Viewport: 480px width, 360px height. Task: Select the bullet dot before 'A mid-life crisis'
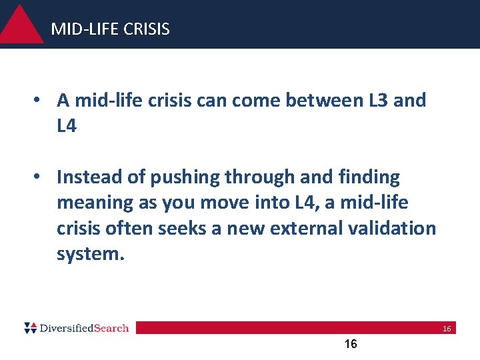point(41,101)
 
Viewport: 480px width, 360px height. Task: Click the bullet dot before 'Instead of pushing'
point(41,177)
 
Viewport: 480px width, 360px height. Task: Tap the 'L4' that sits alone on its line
point(67,126)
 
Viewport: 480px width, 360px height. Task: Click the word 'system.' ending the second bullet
point(91,253)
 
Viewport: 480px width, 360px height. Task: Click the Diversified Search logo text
point(84,328)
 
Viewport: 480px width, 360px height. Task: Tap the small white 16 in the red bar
point(447,329)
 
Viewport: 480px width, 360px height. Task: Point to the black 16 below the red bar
point(350,344)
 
